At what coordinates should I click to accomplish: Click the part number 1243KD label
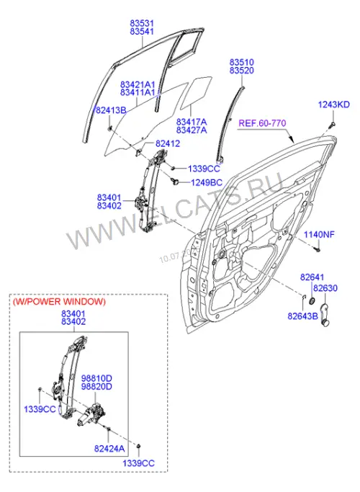coord(333,104)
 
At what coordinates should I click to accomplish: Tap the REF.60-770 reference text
coord(263,123)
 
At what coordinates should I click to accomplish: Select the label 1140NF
coord(319,234)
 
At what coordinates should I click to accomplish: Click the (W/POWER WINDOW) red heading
coord(59,302)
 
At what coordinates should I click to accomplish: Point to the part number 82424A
coord(109,449)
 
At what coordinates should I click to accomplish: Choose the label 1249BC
coord(207,182)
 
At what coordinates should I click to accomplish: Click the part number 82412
coord(168,143)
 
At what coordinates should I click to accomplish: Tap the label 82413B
coord(111,110)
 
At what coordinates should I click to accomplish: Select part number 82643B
coord(302,316)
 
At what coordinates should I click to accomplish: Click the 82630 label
coord(325,288)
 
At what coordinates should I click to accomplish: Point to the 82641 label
coord(312,277)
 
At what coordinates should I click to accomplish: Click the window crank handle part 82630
coord(325,315)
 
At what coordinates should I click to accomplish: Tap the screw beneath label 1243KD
coord(333,125)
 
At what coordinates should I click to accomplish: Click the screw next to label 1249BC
coord(175,180)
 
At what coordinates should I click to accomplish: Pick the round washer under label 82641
coord(312,301)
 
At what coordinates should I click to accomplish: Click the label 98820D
coord(96,387)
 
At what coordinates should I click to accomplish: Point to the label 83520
coord(241,71)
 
